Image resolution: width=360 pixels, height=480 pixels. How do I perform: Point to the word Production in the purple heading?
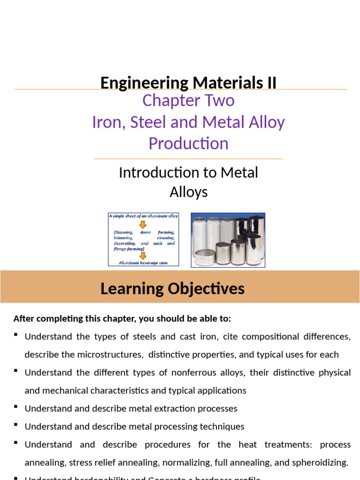pos(188,143)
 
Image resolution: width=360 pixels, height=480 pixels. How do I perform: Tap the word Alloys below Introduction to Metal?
pos(188,192)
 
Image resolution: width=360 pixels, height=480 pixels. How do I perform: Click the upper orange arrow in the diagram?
pos(143,225)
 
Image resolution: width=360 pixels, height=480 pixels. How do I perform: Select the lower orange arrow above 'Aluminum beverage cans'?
pos(143,255)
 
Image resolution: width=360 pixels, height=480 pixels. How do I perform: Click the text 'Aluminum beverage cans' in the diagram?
pos(143,262)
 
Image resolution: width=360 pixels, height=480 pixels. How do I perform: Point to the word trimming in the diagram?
pos(123,238)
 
